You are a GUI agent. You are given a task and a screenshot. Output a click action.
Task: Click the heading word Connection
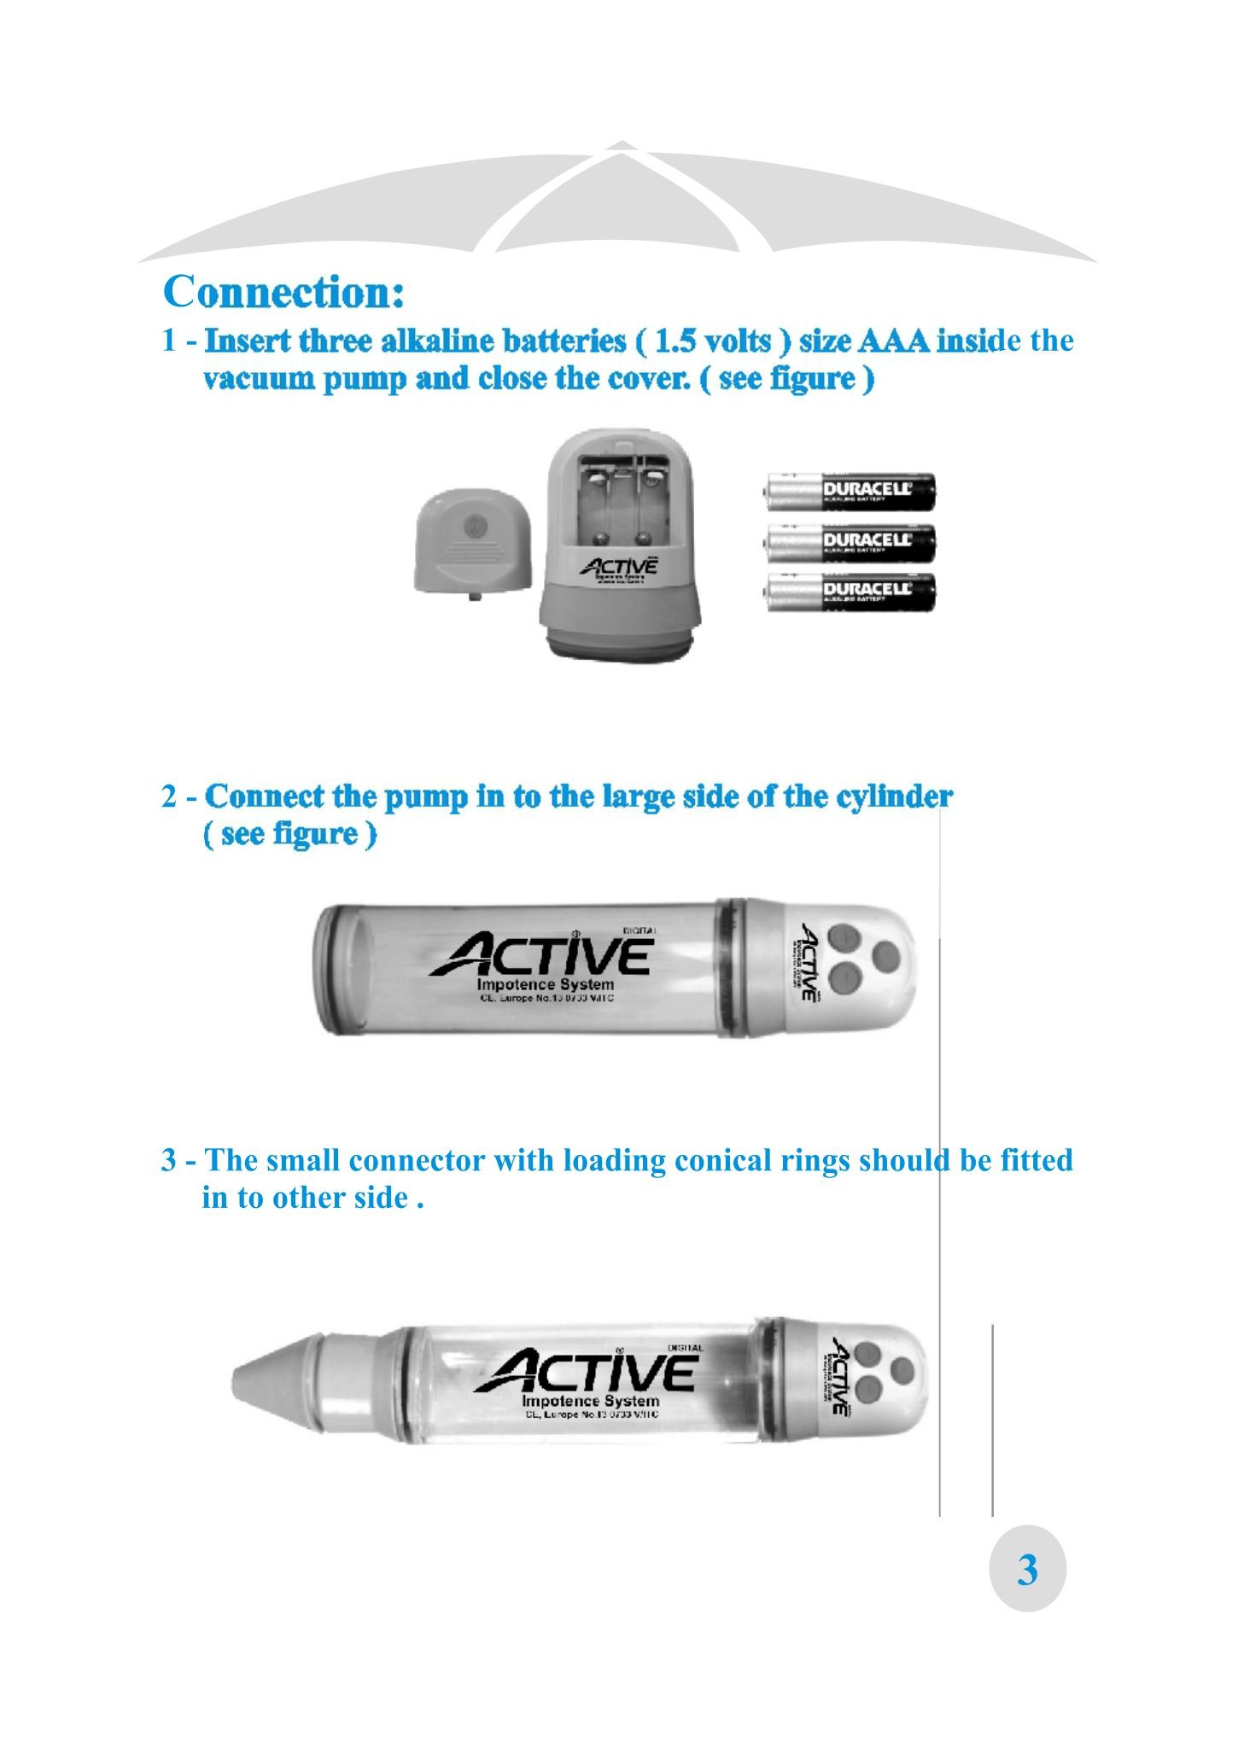pos(283,292)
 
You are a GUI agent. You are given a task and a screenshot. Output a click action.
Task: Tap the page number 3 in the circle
pos(1027,1569)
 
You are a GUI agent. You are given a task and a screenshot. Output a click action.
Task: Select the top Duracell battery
pos(850,493)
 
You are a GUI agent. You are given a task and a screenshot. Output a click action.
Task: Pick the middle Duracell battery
pos(850,543)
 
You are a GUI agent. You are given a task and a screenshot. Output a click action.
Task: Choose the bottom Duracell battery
pos(850,592)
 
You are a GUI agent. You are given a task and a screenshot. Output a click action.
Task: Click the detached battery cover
pos(472,540)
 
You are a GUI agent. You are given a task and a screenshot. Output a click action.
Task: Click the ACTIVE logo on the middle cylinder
pos(543,955)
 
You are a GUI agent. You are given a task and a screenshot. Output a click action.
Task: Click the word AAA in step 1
pos(893,341)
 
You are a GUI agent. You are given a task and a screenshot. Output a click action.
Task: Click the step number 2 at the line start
pos(170,797)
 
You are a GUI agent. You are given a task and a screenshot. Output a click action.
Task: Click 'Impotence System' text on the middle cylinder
pos(545,984)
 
